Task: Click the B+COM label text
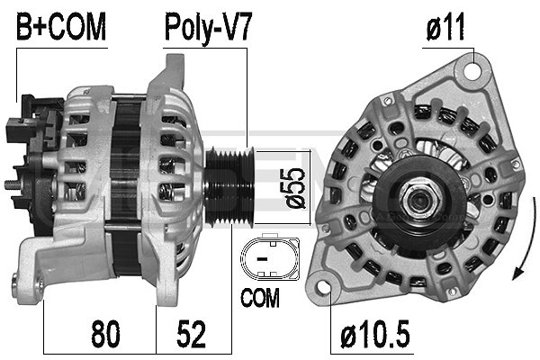(x=60, y=27)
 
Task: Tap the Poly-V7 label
(x=207, y=27)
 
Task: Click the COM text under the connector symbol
(x=259, y=294)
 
